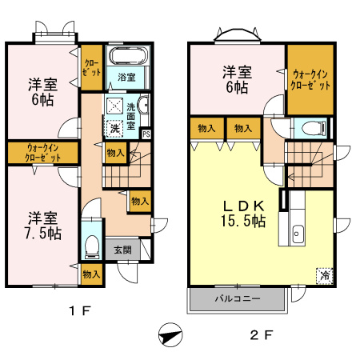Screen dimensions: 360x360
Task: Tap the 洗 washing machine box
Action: click(115, 129)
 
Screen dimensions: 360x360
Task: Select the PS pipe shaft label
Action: click(146, 134)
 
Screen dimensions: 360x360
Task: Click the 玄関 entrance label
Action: click(122, 250)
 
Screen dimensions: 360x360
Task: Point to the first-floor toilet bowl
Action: click(92, 246)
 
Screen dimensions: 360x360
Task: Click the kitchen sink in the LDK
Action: click(298, 234)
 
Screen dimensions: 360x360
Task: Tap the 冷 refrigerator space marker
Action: click(325, 275)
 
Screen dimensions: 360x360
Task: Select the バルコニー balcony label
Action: click(238, 298)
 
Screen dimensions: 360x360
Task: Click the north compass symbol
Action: click(170, 334)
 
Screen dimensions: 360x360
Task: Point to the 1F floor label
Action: click(80, 310)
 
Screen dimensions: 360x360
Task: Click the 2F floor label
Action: click(261, 335)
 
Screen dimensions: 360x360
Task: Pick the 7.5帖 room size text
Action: click(43, 234)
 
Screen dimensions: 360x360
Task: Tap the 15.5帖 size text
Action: click(243, 221)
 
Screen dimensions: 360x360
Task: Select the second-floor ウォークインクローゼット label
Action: click(310, 79)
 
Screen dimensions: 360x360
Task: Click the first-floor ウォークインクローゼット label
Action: click(42, 153)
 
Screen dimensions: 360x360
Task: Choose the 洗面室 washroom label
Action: click(130, 117)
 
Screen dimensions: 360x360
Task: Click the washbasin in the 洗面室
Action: click(143, 105)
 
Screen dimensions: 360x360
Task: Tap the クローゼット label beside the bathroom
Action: click(91, 68)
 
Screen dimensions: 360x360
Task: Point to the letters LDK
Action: click(243, 206)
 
